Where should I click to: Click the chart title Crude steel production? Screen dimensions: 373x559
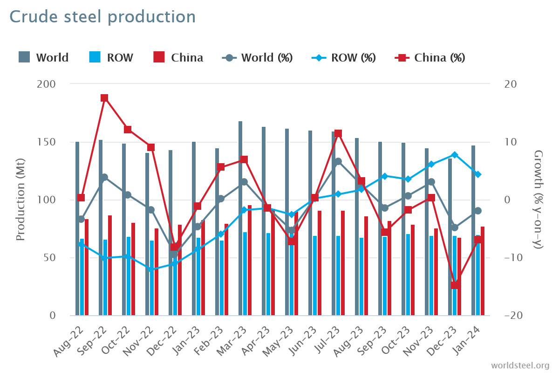click(102, 17)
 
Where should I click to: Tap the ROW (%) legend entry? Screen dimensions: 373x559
click(343, 58)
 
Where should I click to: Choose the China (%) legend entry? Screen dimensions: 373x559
click(429, 58)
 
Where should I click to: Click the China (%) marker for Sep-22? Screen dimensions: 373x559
click(104, 98)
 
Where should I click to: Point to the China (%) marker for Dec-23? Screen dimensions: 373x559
click(455, 285)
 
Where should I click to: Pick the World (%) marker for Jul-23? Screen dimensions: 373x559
click(338, 162)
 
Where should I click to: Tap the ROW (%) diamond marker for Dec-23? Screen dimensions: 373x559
click(455, 155)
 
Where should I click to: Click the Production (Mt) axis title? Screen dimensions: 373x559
click(20, 200)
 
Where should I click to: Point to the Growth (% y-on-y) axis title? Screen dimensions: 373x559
click(539, 200)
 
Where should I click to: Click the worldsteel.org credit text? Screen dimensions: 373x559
click(520, 365)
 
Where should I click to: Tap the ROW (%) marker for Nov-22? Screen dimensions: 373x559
click(151, 269)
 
